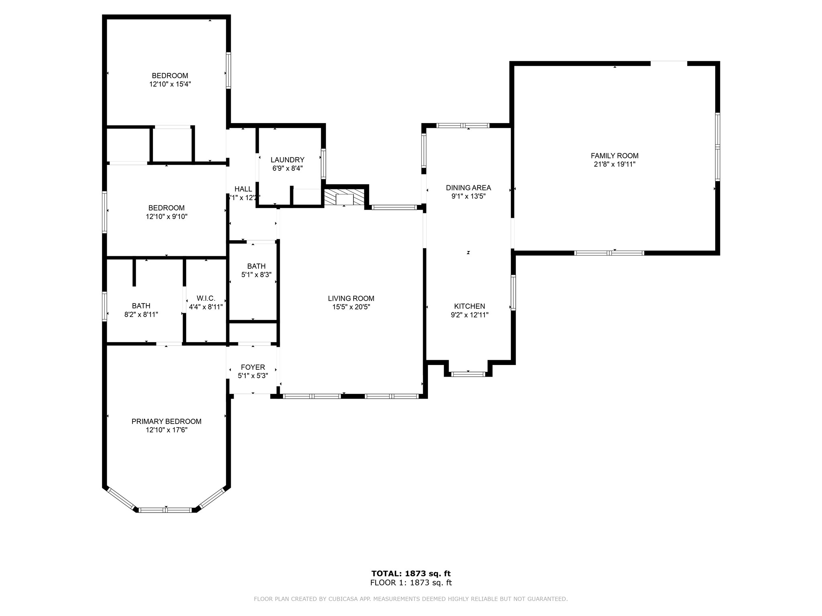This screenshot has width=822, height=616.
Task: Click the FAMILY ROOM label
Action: click(x=614, y=156)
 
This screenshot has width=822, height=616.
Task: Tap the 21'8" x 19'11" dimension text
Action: click(x=614, y=164)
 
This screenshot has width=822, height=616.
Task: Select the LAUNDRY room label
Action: click(x=287, y=160)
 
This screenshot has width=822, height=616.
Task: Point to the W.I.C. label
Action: click(x=206, y=298)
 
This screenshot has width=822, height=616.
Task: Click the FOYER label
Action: click(x=253, y=367)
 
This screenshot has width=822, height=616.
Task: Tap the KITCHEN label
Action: click(x=470, y=306)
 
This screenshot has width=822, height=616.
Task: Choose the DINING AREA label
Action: click(x=468, y=188)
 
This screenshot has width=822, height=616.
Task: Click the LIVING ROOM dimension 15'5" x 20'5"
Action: click(x=351, y=307)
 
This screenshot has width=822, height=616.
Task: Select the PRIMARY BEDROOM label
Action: click(x=167, y=421)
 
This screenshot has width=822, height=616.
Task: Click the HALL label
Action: click(x=243, y=189)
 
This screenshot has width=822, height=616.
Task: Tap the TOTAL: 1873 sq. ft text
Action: click(x=411, y=573)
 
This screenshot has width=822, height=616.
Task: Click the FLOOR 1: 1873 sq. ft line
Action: click(x=411, y=583)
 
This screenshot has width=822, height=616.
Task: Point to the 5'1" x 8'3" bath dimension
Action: click(x=256, y=275)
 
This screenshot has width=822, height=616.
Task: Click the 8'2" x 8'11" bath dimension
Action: click(x=141, y=315)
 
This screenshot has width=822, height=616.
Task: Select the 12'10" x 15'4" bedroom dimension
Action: click(x=170, y=85)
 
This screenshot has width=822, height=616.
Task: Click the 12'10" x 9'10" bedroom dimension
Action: click(x=167, y=217)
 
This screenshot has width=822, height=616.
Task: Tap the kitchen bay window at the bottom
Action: click(x=468, y=374)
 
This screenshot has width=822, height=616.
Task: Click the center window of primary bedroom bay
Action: click(x=166, y=510)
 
